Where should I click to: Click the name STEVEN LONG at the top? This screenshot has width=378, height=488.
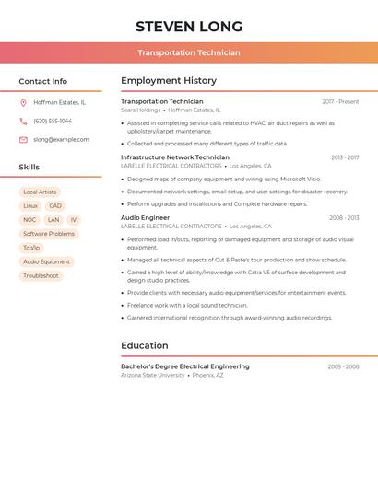point(189,27)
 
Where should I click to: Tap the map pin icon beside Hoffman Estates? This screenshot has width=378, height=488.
point(23,103)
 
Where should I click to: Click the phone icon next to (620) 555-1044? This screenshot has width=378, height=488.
point(23,122)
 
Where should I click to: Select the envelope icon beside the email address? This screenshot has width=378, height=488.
point(23,140)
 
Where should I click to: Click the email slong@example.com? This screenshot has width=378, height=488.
point(61,140)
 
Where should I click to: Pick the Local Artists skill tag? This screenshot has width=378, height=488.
point(40,192)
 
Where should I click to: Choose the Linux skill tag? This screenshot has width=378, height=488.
point(30,206)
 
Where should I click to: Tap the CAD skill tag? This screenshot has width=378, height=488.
point(55,206)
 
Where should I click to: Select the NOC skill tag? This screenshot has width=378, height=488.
point(30,220)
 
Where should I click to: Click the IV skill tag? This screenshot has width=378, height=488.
point(74,220)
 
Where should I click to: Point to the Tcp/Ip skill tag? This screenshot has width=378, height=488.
point(31,248)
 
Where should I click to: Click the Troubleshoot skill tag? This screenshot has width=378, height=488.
point(41,275)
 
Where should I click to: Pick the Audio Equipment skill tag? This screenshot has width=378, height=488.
point(46,261)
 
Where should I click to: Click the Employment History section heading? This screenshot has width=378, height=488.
point(169,81)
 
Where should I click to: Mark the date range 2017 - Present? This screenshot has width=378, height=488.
point(340,102)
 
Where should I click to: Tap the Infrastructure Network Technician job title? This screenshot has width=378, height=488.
point(175,157)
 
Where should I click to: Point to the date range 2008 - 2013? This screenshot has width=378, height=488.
point(344,218)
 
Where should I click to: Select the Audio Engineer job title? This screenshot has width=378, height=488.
point(145,218)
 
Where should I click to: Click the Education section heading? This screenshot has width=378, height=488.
point(144,346)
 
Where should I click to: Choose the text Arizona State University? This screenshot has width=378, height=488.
point(153,376)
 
